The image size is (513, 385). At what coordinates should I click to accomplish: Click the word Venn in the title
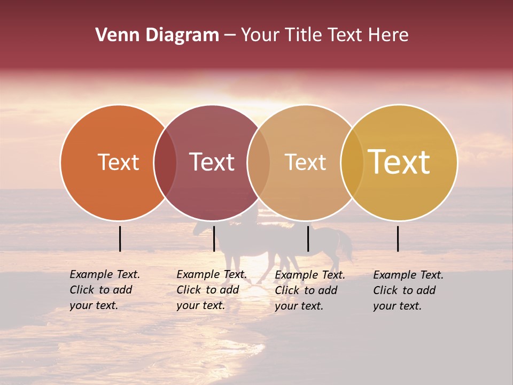pyautogui.click(x=114, y=35)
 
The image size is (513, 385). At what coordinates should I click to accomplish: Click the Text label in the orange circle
pyautogui.click(x=118, y=162)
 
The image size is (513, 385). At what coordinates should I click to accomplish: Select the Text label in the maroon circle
pyautogui.click(x=212, y=162)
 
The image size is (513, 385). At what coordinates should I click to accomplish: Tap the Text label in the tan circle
pyautogui.click(x=305, y=162)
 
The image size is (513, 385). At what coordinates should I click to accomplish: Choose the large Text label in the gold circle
pyautogui.click(x=399, y=162)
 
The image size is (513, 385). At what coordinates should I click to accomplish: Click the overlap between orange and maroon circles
pyautogui.click(x=165, y=163)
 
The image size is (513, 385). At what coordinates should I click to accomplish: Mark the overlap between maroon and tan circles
pyautogui.click(x=259, y=163)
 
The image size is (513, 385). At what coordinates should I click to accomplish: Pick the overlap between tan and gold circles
pyautogui.click(x=352, y=163)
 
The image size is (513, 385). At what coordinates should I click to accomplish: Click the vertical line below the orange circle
pyautogui.click(x=120, y=238)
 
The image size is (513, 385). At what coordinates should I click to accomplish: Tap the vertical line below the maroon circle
pyautogui.click(x=214, y=238)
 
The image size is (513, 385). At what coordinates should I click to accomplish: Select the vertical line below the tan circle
pyautogui.click(x=308, y=238)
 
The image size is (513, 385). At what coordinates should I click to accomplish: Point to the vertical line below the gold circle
pyautogui.click(x=398, y=238)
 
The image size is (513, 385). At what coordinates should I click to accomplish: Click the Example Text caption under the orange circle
pyautogui.click(x=104, y=290)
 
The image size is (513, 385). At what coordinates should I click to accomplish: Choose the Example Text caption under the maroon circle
pyautogui.click(x=211, y=290)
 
